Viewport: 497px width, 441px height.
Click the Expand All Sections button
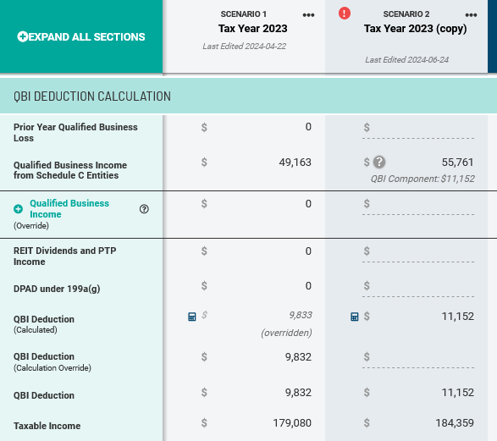pos(81,36)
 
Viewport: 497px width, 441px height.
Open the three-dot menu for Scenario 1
pos(308,15)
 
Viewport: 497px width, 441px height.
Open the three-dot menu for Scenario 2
pos(471,15)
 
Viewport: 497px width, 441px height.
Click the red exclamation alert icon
pos(345,14)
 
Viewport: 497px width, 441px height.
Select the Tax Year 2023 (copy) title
pos(415,29)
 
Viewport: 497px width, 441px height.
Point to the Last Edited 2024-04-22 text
pos(245,47)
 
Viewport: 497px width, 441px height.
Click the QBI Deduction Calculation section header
pos(92,96)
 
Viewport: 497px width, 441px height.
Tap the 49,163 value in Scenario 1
pos(295,163)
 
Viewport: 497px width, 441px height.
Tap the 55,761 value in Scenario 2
pos(457,163)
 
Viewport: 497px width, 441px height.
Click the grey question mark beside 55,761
pos(379,163)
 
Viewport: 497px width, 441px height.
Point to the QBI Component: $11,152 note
pos(422,179)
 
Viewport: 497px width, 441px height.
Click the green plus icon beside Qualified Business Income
pos(18,209)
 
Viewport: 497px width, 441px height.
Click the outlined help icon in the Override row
pos(144,209)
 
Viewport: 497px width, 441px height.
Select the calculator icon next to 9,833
pos(191,317)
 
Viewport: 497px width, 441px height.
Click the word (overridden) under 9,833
pos(286,333)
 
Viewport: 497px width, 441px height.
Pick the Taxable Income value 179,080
pos(292,423)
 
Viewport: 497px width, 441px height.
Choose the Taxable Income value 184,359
pos(455,423)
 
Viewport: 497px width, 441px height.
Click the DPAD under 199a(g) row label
pos(57,289)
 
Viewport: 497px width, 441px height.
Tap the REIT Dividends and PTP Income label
pos(64,256)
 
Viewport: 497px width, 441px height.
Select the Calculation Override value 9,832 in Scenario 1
pos(298,357)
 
